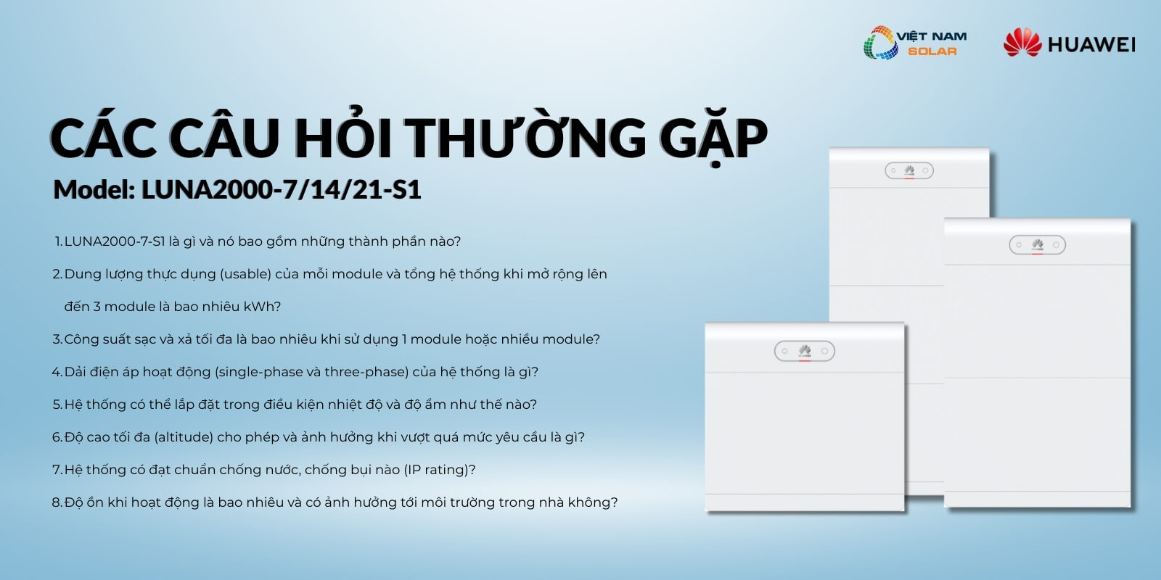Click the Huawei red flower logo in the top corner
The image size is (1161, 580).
point(1022,43)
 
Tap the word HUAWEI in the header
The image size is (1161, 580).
point(1091,44)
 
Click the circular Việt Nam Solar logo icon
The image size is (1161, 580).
point(881,43)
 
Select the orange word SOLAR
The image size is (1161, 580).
point(932,51)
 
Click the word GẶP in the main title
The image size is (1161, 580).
point(713,138)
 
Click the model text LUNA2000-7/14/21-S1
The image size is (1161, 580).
point(281,189)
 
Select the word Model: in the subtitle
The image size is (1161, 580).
point(94,189)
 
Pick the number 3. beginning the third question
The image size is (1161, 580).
point(57,339)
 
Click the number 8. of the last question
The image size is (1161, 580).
point(57,502)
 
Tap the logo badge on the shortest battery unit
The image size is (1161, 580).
point(805,351)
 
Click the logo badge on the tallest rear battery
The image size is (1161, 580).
point(909,170)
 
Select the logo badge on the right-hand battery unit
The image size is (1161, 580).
point(1037,245)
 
